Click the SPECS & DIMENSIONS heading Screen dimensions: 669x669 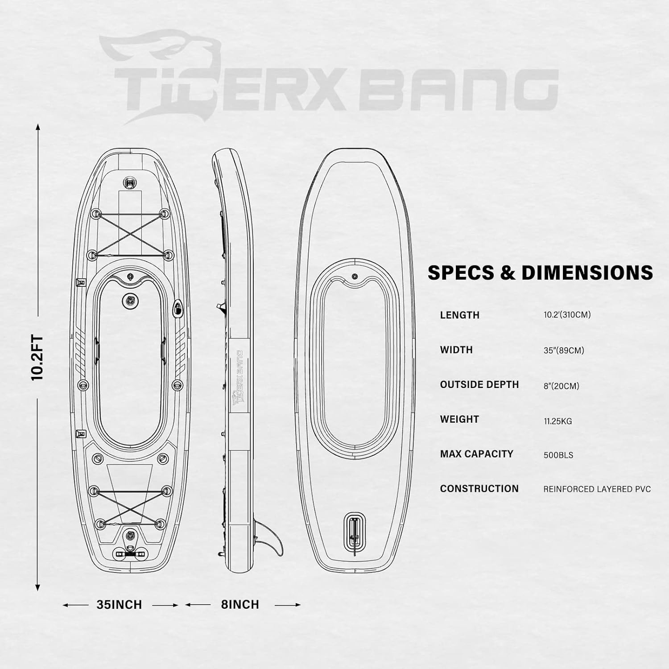540,273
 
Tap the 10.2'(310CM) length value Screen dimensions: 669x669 567,315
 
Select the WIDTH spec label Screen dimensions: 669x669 456,350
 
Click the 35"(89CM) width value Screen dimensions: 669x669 564,351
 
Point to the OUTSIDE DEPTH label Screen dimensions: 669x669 479,384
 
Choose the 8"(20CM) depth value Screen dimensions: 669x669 561,386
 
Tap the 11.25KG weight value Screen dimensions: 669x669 557,421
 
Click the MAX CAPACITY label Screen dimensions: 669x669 477,454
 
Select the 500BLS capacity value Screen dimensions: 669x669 558,455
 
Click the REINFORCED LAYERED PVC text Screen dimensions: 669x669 597,489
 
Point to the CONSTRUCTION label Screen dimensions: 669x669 479,489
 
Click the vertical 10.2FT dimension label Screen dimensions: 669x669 38,357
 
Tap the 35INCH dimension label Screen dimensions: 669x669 119,605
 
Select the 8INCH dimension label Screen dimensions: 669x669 240,605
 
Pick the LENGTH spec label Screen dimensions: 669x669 459,315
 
